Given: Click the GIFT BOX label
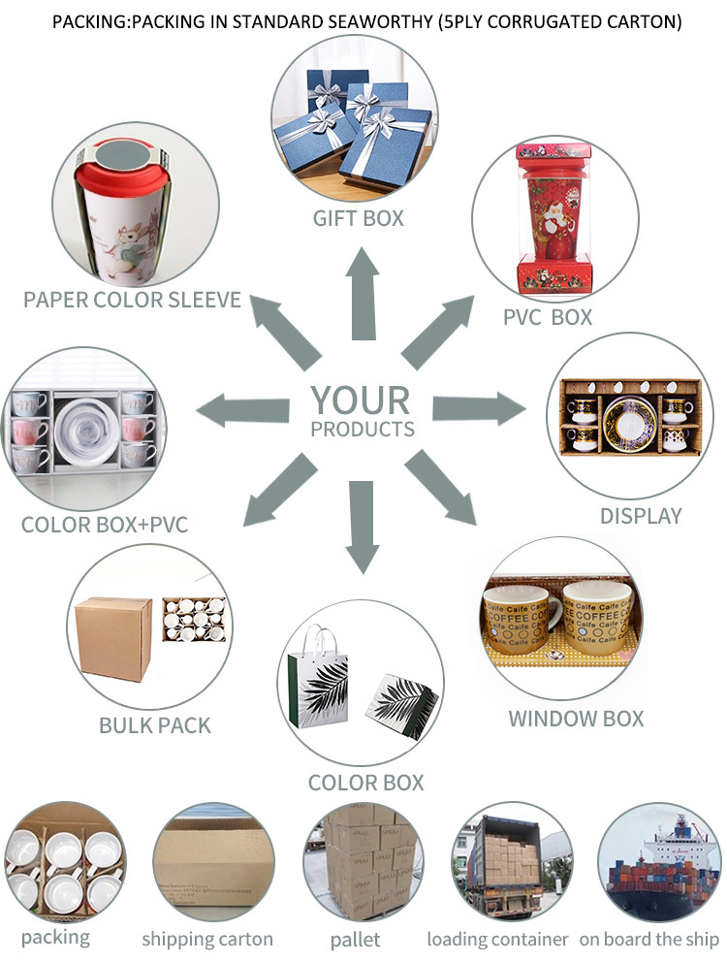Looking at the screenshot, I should [x=358, y=218].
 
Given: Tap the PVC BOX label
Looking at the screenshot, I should [x=547, y=316].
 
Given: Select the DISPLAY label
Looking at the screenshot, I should [x=641, y=516].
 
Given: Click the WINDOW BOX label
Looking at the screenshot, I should [x=576, y=719].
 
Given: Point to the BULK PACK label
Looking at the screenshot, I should [x=155, y=724].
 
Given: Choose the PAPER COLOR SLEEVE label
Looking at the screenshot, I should [x=132, y=299].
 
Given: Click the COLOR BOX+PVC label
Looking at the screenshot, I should [x=105, y=526].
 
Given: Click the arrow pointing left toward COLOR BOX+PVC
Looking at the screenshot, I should [x=242, y=408].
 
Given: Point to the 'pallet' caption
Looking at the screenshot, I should [x=355, y=939].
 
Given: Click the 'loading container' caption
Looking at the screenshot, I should [x=497, y=939].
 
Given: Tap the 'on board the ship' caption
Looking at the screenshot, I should [x=649, y=939].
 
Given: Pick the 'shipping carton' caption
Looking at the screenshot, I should [x=207, y=939].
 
